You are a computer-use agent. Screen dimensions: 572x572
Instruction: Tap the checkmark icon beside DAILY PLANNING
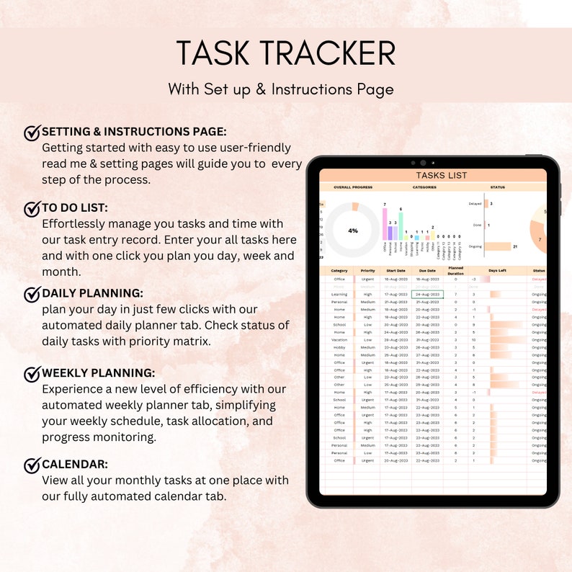click(32, 295)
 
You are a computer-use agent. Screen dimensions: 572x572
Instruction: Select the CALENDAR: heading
click(75, 465)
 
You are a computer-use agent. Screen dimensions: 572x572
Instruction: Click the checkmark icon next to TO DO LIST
click(32, 209)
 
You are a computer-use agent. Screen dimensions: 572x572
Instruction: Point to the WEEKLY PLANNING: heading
click(98, 373)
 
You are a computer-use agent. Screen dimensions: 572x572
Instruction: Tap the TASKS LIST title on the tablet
click(441, 175)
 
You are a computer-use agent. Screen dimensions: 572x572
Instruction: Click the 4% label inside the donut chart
click(353, 231)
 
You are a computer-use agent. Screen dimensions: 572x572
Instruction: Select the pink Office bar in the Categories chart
click(385, 224)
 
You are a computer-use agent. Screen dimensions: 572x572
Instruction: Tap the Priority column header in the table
click(367, 271)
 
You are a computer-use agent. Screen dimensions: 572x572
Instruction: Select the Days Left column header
click(497, 271)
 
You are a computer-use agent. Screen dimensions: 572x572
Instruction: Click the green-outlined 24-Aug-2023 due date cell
click(428, 294)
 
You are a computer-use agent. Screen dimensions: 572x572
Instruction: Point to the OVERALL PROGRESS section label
click(353, 187)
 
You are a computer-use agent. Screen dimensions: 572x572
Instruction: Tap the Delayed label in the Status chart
click(475, 204)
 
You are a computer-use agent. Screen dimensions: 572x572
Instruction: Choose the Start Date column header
click(396, 271)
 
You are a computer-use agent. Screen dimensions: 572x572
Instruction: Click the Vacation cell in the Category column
click(339, 339)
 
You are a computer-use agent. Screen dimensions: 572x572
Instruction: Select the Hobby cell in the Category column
click(339, 347)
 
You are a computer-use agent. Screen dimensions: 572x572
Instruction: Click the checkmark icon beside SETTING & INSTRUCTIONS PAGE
click(32, 133)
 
